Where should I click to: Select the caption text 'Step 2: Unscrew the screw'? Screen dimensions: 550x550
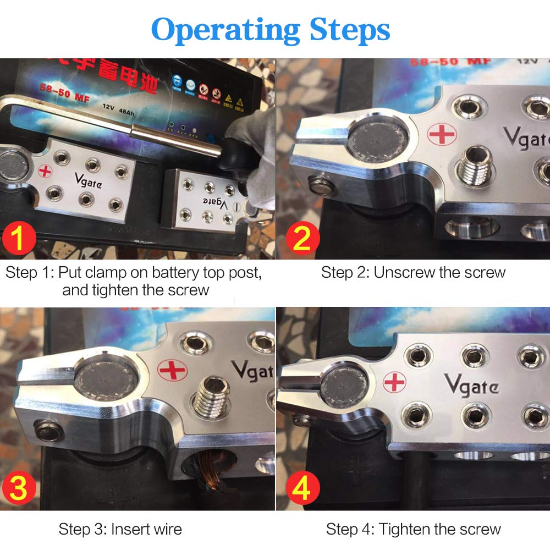[x=413, y=272]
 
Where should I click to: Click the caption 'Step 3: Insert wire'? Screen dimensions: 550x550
[x=120, y=530]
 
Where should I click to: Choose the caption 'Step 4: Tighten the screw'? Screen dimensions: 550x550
[x=413, y=530]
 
